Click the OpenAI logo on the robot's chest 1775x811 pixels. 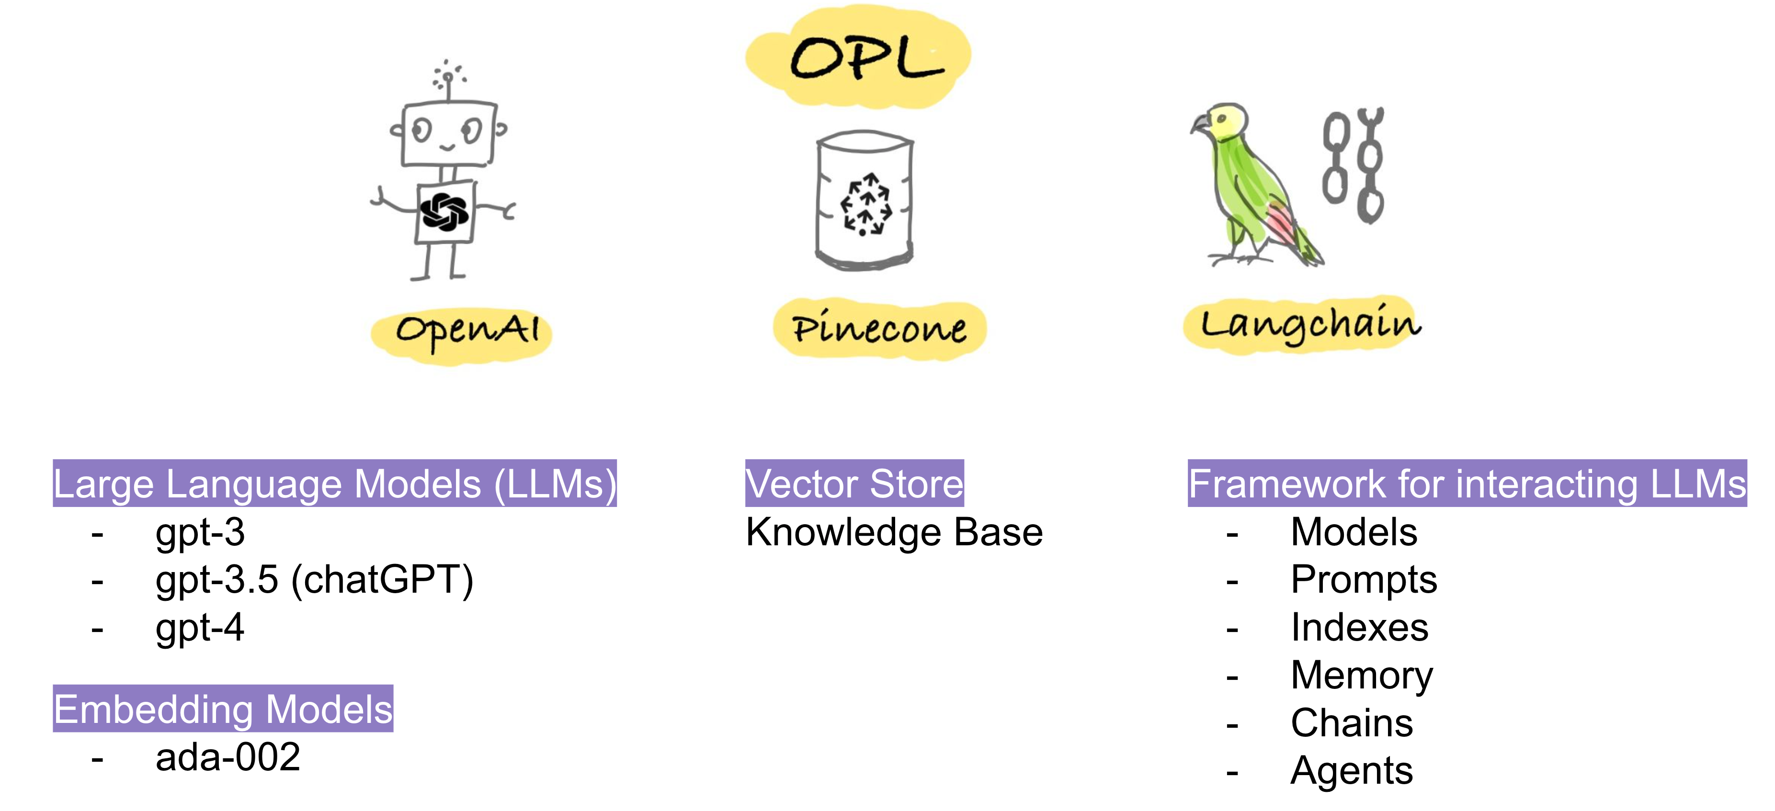444,212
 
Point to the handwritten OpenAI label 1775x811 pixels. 467,331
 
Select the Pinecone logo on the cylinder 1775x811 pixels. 866,204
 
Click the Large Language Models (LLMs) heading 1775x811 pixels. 335,484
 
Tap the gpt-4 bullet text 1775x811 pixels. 200,628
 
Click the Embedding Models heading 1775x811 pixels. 223,709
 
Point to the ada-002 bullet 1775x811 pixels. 228,757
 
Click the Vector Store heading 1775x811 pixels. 854,484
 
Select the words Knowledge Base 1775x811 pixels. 894,533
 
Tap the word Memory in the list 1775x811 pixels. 1362,675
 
